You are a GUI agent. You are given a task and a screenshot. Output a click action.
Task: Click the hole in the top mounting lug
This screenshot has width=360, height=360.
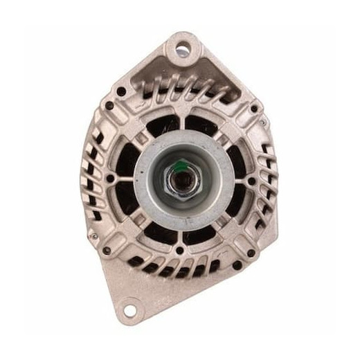[x=183, y=49]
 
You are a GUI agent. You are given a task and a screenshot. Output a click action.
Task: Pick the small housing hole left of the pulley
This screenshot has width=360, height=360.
[x=109, y=179]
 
